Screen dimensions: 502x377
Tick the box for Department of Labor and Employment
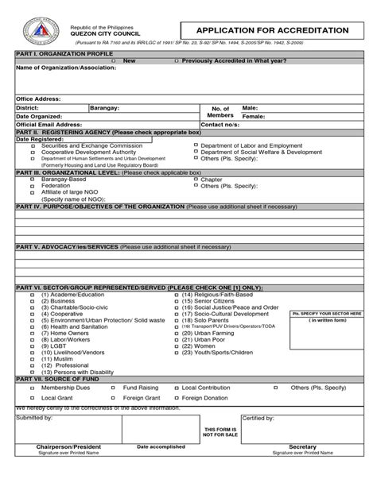[x=194, y=146]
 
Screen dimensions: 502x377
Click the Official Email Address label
[x=49, y=125]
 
